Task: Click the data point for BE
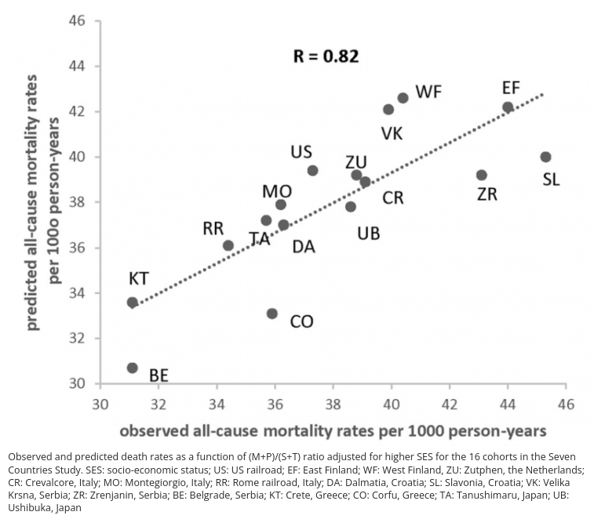pos(132,368)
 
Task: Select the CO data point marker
pos(271,314)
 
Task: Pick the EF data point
pos(508,107)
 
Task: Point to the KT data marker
pos(132,302)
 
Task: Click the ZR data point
pos(481,175)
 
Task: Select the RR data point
pos(228,245)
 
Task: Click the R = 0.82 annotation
pos(326,56)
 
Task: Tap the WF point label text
pos(428,92)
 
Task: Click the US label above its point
pos(301,151)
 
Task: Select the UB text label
pos(368,233)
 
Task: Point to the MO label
pos(277,191)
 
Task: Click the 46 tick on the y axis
pos(77,20)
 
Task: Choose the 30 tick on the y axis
pos(77,383)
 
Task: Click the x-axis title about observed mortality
pos(333,431)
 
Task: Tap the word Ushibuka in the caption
pos(29,507)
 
